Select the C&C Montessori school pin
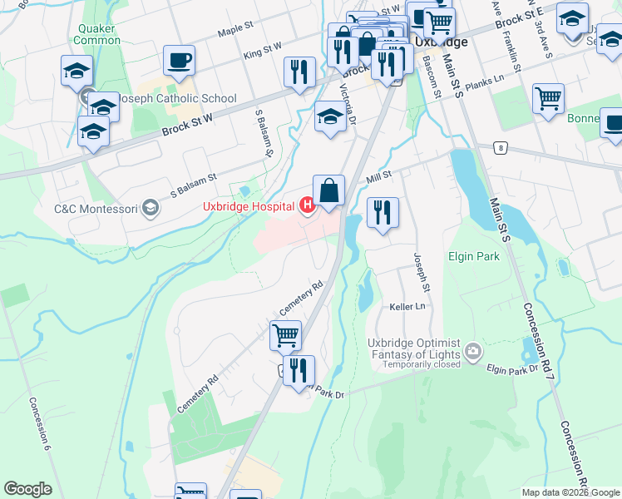pos(151,208)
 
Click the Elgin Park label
pos(474,256)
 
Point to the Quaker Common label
pos(97,33)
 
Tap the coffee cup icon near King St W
pos(179,60)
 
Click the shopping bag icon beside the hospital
pos(328,191)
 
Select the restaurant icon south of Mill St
pos(382,212)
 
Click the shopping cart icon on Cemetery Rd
pos(285,336)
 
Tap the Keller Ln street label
pos(407,307)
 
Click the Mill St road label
pos(379,176)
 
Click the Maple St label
pos(235,30)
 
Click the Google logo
pos(27,489)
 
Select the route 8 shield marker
pos(500,148)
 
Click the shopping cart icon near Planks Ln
pos(548,100)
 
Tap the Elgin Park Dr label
pos(509,368)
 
